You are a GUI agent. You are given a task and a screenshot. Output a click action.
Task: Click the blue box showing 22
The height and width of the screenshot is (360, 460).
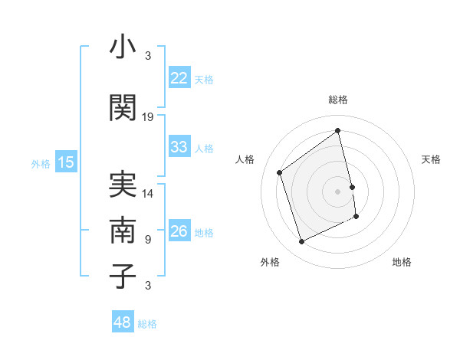click(x=179, y=78)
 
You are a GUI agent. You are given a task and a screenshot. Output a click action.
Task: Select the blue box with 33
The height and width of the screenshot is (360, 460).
click(x=179, y=147)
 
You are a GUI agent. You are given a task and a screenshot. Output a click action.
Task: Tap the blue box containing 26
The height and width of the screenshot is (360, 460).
click(x=179, y=231)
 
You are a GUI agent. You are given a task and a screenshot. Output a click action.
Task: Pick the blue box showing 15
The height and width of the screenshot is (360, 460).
click(x=66, y=162)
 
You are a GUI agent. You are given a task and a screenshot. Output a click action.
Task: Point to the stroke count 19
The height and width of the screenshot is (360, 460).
click(x=148, y=117)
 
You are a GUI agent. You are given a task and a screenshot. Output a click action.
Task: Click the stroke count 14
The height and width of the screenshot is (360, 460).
click(x=148, y=194)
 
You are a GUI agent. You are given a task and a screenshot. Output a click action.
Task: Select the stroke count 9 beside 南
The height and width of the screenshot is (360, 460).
click(x=148, y=240)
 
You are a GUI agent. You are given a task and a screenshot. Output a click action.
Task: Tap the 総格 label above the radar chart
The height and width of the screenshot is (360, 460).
click(x=338, y=100)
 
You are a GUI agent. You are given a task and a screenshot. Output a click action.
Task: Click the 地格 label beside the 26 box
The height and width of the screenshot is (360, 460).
click(x=204, y=232)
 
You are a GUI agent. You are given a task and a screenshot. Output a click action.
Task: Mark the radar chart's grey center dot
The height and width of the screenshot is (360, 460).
click(x=338, y=191)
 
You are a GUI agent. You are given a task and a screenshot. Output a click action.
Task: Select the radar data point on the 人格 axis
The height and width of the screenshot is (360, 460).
click(x=280, y=172)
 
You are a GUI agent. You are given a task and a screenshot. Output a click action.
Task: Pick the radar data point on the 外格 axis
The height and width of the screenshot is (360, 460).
click(x=301, y=242)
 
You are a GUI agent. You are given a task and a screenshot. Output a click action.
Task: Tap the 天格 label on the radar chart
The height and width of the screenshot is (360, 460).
click(x=431, y=159)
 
